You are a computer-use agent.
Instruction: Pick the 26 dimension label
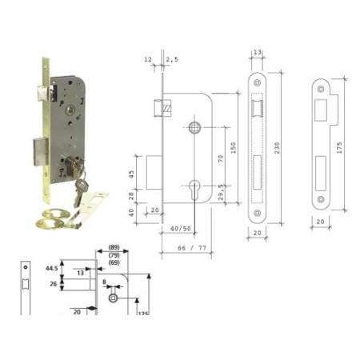click(x=54, y=282)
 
